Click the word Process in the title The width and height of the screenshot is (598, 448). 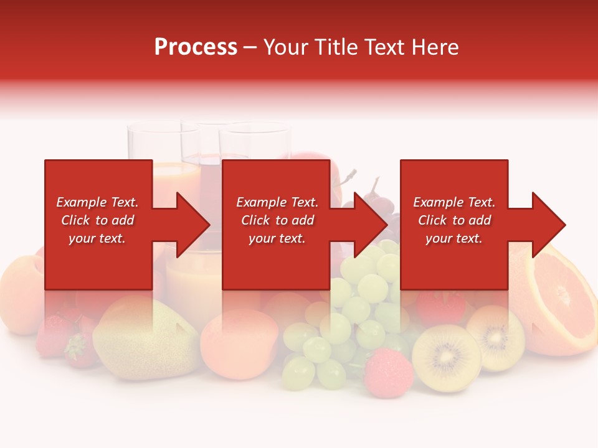(196, 47)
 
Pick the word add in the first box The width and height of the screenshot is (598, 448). (123, 220)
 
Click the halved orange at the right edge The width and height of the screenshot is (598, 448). (558, 299)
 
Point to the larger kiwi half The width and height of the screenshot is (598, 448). (446, 358)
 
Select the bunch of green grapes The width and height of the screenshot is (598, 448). (349, 324)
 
